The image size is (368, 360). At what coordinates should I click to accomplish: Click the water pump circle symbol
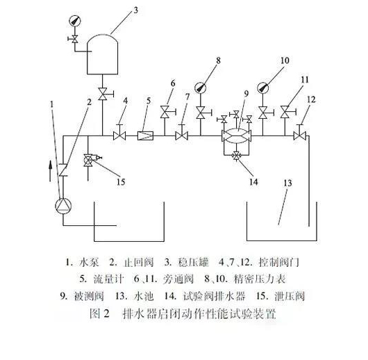(x=63, y=207)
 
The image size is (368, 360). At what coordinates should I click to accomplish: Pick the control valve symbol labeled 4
(x=119, y=134)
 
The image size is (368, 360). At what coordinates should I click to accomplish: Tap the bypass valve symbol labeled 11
(x=285, y=111)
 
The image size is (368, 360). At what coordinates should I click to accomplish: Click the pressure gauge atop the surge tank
(x=74, y=20)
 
